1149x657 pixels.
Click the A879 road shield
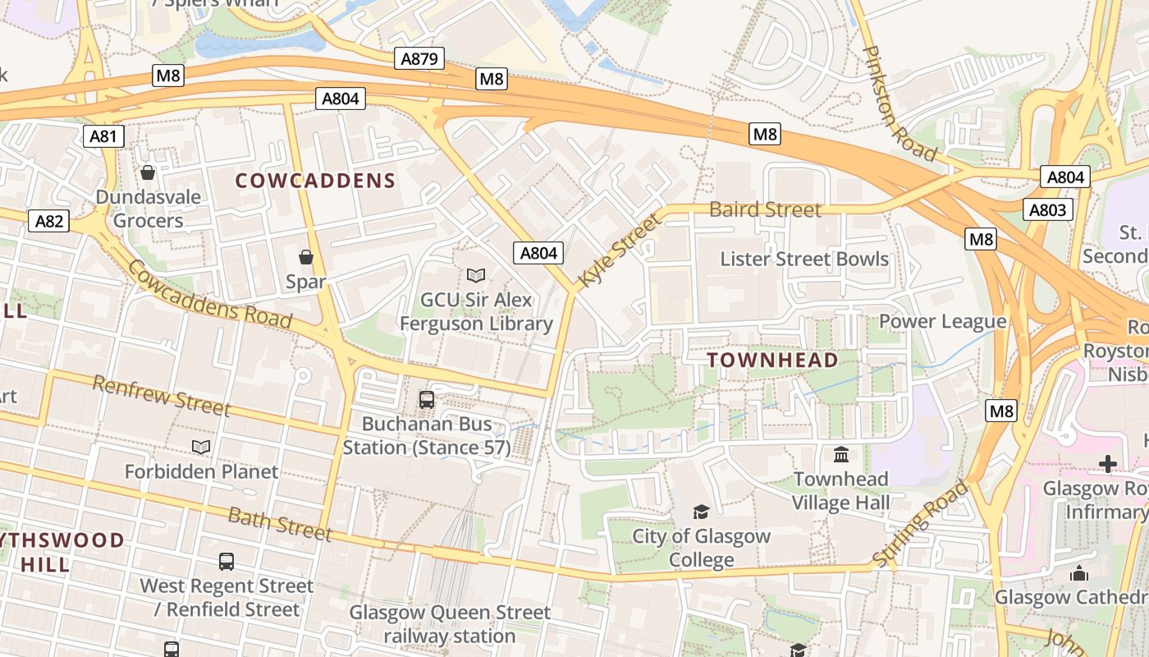click(x=420, y=58)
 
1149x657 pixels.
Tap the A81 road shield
click(x=103, y=136)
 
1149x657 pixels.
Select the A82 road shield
click(x=49, y=221)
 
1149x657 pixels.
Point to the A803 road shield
click(x=1048, y=210)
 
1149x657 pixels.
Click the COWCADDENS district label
click(x=316, y=181)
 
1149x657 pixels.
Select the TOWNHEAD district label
click(x=773, y=360)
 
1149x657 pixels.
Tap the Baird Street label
click(x=765, y=209)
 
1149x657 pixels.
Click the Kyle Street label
click(x=619, y=250)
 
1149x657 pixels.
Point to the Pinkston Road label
click(x=899, y=103)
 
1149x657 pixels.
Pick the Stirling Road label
click(x=920, y=525)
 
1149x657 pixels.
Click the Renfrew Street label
click(x=162, y=395)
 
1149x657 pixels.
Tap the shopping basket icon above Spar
click(x=306, y=258)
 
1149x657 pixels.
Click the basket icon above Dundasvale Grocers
click(x=148, y=172)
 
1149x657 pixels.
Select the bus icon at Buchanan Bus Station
click(x=427, y=400)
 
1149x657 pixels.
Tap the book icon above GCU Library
click(x=476, y=276)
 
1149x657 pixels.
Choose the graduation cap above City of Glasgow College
click(x=701, y=512)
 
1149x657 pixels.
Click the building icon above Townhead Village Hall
click(x=841, y=454)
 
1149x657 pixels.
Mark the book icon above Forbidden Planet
click(x=201, y=448)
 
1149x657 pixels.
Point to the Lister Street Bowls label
click(x=804, y=259)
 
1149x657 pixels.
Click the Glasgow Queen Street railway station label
click(x=450, y=624)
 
